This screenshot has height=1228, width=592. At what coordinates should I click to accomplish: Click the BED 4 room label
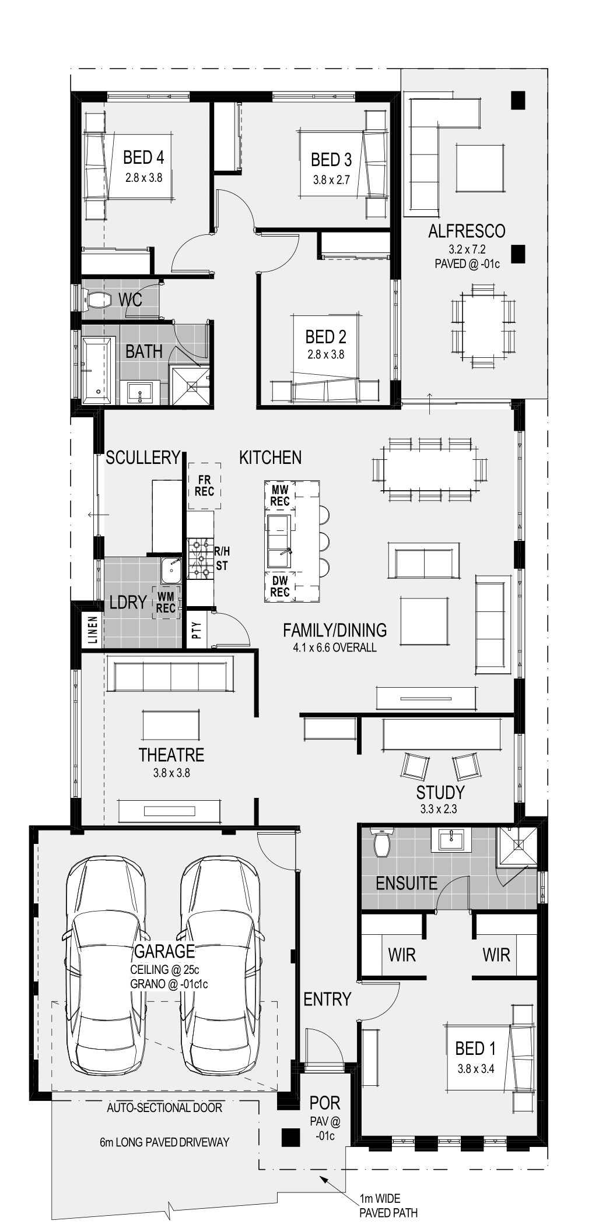143,157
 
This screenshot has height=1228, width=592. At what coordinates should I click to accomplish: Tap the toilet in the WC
99,300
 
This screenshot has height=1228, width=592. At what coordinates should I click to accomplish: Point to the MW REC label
280,496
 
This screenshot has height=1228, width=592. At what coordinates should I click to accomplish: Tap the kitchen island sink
279,540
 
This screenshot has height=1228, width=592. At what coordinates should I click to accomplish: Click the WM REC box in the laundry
166,603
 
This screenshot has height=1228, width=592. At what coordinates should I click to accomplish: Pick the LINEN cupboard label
93,630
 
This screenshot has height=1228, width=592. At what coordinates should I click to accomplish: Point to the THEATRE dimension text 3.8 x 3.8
171,773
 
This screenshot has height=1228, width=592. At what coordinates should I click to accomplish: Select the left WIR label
402,955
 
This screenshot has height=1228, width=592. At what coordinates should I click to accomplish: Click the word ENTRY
327,999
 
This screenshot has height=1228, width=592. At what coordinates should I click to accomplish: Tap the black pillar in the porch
289,1137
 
